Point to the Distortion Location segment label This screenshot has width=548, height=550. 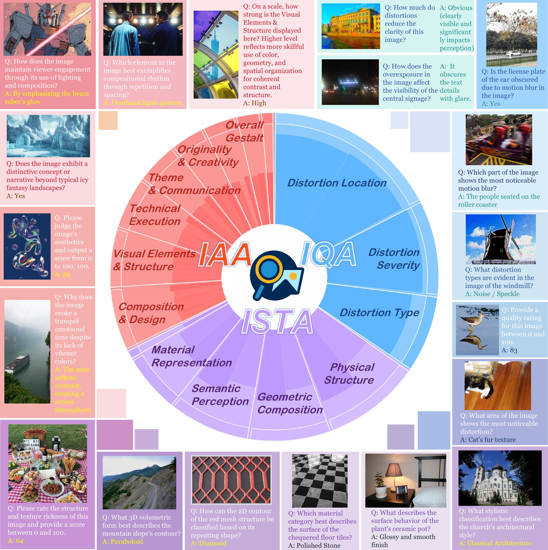(337, 183)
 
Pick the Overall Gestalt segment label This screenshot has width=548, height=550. (244, 131)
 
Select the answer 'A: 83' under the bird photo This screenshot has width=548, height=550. (509, 350)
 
